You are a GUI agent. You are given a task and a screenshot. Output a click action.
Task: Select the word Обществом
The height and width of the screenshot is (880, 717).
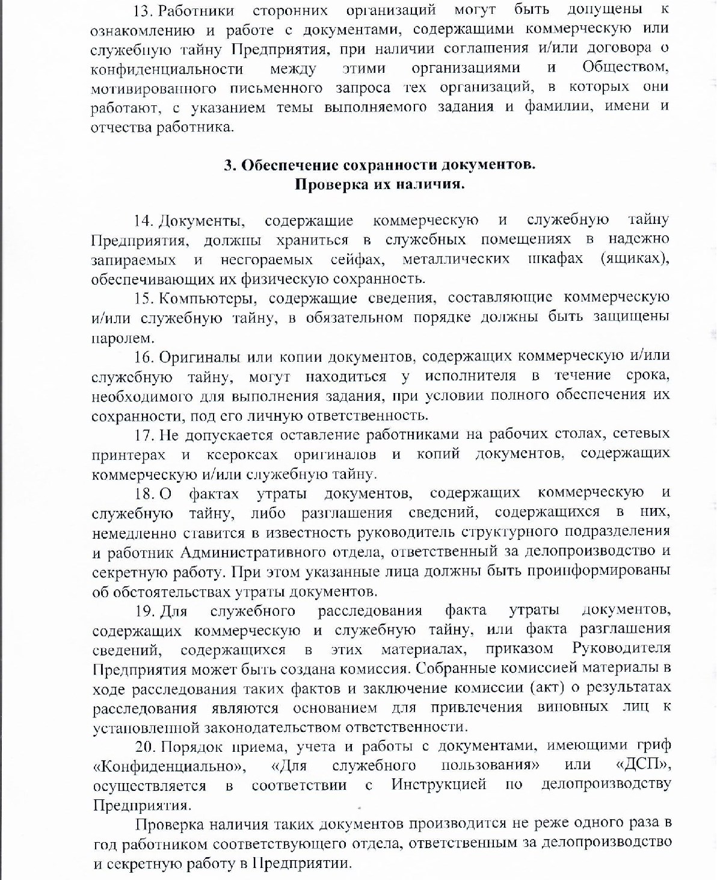point(626,67)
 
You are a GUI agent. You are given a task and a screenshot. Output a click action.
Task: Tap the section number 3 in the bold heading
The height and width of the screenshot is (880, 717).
point(229,165)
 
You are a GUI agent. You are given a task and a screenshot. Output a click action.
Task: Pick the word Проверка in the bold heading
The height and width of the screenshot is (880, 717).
point(326,184)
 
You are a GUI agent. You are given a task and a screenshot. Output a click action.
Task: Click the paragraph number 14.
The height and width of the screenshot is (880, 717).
point(143,221)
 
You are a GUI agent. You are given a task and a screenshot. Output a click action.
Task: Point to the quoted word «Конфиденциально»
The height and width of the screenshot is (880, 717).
point(170,766)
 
